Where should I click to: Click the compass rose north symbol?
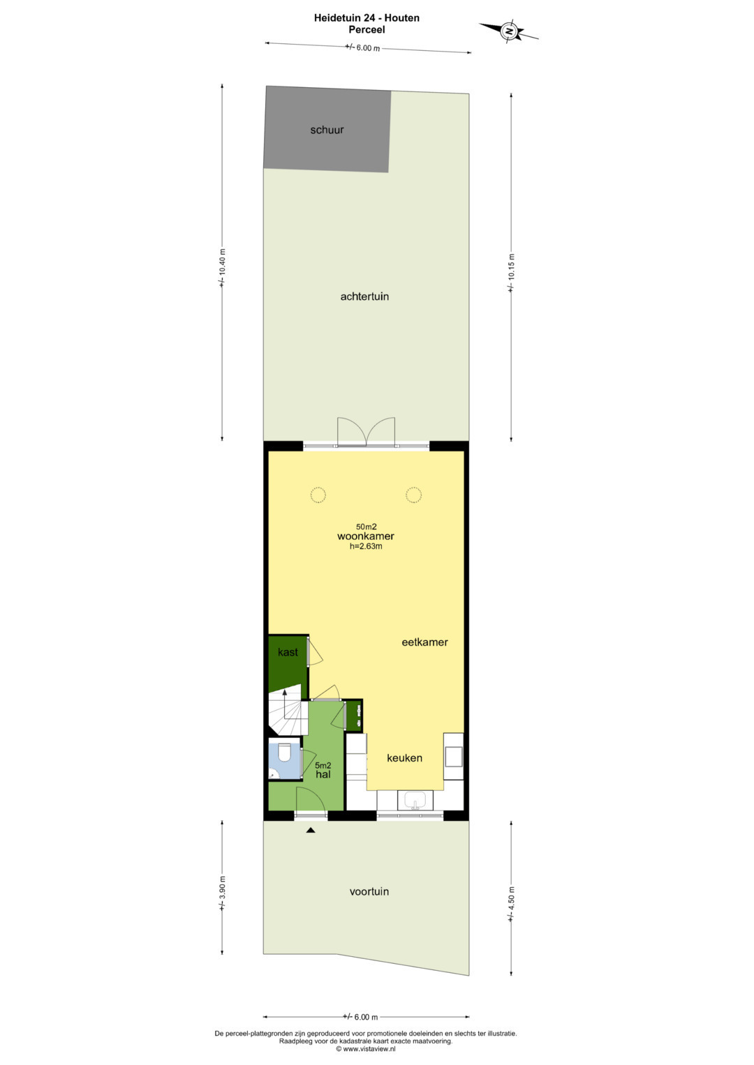[509, 31]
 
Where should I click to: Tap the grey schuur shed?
[327, 129]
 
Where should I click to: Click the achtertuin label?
[364, 296]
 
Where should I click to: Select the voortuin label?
[369, 891]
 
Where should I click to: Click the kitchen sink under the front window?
[415, 800]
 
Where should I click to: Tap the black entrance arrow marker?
[311, 830]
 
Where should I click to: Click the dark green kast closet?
[288, 662]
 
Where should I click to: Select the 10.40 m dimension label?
[222, 268]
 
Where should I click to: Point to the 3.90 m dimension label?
[222, 893]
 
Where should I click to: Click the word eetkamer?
[424, 642]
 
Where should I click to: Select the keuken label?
[405, 758]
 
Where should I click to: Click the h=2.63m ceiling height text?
[366, 546]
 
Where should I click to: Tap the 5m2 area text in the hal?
[323, 766]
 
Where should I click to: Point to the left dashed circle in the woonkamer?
[318, 495]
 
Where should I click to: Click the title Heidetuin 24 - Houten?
[367, 18]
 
